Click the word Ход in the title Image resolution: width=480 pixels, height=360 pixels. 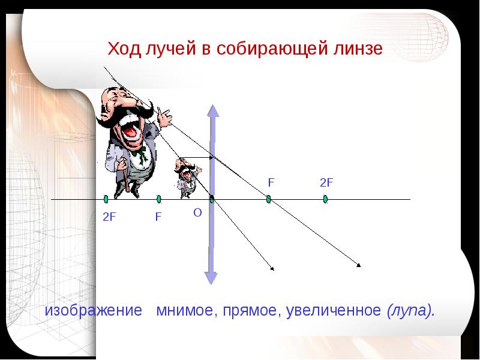click(124, 49)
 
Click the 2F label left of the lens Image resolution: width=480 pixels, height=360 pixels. click(109, 217)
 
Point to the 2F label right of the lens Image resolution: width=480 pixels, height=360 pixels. click(326, 182)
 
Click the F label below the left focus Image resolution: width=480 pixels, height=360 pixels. click(158, 217)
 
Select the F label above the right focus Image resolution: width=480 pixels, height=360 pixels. click(271, 182)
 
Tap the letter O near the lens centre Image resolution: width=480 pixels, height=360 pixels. click(197, 212)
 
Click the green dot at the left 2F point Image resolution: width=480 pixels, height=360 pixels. click(106, 199)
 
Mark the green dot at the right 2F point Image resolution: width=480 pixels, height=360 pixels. click(325, 199)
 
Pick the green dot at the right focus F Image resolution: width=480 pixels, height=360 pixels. click(268, 199)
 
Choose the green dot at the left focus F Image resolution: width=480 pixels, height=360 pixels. click(158, 199)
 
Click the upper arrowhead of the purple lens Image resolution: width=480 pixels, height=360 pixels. click(213, 111)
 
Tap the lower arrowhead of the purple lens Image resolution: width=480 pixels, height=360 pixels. click(211, 278)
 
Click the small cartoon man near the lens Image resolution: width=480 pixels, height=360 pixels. click(187, 178)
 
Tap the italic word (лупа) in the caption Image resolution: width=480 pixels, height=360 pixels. click(411, 311)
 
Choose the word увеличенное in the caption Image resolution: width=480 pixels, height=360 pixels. click(334, 311)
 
